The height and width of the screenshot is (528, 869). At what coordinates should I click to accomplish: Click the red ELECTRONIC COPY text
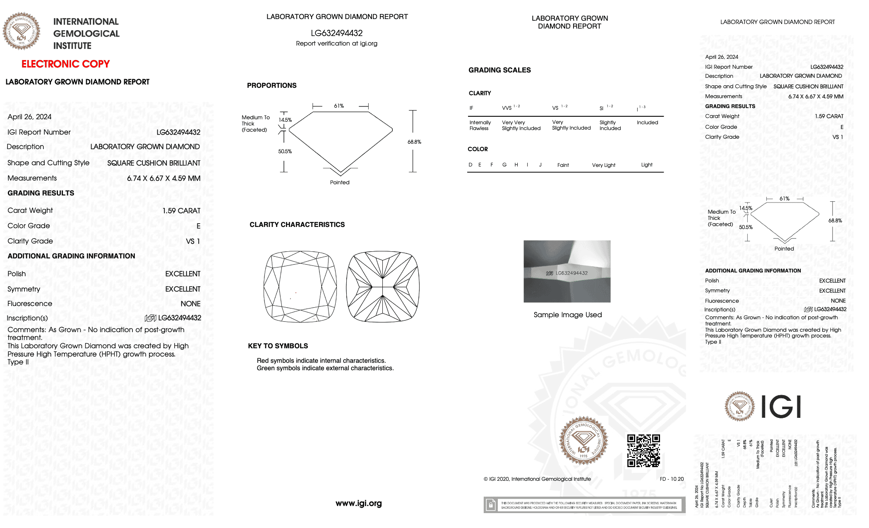(x=65, y=64)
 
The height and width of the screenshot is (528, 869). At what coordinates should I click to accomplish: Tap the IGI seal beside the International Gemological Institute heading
(x=22, y=31)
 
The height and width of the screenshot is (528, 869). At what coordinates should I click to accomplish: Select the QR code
(x=643, y=451)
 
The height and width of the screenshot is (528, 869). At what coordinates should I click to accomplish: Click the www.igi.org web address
(x=358, y=504)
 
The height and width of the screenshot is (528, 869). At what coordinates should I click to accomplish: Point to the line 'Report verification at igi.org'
(x=336, y=43)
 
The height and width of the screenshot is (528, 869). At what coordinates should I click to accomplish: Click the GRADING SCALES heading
(x=499, y=70)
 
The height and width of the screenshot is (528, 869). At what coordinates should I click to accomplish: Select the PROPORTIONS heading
(x=271, y=85)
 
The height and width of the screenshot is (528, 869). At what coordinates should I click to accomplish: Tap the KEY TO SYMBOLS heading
(x=278, y=346)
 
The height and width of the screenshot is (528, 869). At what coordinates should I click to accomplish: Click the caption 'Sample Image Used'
(x=567, y=315)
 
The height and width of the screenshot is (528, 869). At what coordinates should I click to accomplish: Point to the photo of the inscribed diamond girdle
(x=567, y=271)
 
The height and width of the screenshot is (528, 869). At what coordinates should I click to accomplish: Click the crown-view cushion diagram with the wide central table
(x=300, y=286)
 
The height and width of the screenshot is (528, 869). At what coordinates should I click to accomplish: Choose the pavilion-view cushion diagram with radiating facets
(x=383, y=286)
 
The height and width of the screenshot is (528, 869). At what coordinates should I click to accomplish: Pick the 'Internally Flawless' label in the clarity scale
(x=480, y=125)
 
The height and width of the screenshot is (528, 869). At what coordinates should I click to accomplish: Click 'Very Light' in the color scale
(x=603, y=165)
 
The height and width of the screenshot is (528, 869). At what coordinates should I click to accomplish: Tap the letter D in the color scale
(x=470, y=165)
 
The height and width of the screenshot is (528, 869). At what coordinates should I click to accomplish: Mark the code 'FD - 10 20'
(x=672, y=479)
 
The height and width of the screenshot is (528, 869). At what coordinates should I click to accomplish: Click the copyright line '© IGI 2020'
(x=537, y=479)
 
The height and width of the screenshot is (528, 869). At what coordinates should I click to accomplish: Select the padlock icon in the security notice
(x=491, y=505)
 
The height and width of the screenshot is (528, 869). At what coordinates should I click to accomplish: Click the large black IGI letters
(x=781, y=407)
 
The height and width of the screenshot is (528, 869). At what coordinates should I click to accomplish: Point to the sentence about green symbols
(x=325, y=368)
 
